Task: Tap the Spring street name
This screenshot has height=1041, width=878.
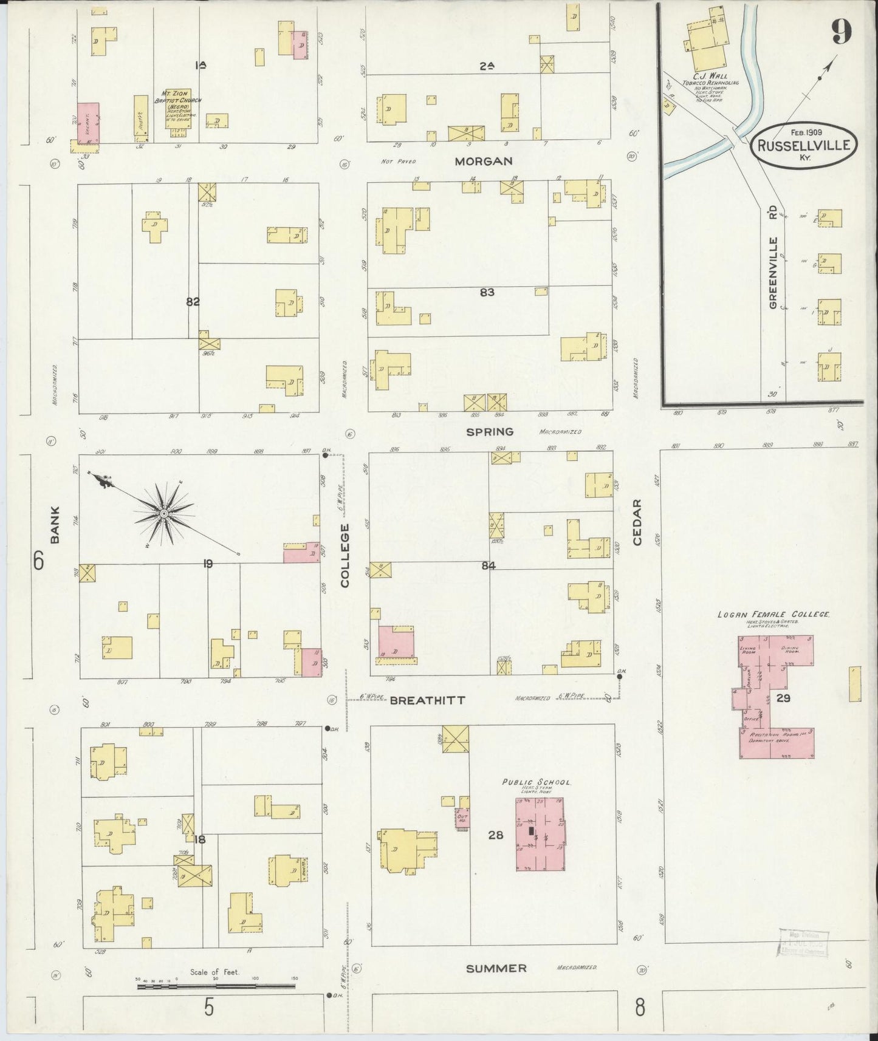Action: point(490,432)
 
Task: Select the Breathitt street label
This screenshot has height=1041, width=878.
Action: point(427,700)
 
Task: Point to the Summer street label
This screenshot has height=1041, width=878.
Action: point(496,968)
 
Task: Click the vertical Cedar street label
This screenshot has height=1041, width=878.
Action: point(637,522)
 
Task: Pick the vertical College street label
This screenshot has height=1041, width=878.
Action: point(345,556)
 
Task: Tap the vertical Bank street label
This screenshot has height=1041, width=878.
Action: point(55,524)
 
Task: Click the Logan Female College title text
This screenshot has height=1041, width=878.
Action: point(773,615)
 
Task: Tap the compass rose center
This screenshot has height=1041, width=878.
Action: point(163,514)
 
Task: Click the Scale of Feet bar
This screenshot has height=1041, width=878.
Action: point(216,987)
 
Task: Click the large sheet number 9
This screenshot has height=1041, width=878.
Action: point(841,32)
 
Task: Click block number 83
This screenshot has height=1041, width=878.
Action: point(487,292)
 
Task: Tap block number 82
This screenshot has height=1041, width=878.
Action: point(193,301)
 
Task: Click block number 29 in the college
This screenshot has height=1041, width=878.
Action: point(783,698)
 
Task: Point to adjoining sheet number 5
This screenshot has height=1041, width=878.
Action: point(208,1008)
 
